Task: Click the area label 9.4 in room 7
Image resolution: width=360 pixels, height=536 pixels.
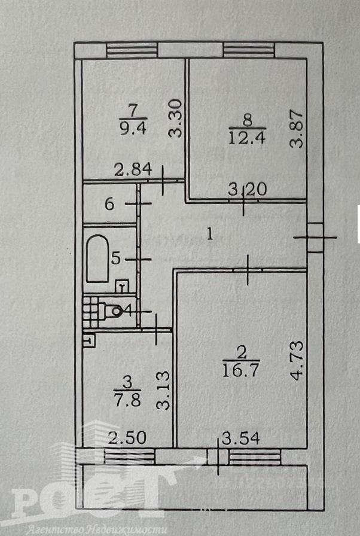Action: click(x=133, y=129)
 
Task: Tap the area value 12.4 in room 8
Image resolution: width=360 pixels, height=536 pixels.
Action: click(x=247, y=138)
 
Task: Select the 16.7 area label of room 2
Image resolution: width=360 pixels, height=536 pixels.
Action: click(x=241, y=370)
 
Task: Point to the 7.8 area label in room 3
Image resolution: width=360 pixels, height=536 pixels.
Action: click(x=128, y=400)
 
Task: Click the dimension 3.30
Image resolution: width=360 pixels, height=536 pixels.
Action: click(x=176, y=118)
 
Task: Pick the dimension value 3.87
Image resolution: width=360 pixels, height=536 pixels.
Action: click(x=296, y=129)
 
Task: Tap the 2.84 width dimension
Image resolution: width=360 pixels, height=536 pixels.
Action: click(x=133, y=169)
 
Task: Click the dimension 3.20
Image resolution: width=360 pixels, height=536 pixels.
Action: click(x=248, y=189)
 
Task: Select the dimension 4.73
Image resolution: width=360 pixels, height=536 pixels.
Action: click(x=297, y=360)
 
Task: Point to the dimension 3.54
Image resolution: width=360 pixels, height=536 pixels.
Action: click(x=241, y=438)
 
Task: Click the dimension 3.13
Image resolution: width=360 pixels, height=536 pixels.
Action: click(x=163, y=391)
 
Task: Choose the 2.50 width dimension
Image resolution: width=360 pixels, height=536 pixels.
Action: click(x=127, y=438)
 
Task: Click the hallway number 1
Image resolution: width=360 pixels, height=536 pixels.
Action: click(x=210, y=234)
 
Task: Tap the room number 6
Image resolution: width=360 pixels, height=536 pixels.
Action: click(x=109, y=204)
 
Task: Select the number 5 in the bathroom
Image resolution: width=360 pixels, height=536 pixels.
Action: click(x=116, y=258)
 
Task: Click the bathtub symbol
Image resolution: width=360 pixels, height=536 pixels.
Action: click(x=97, y=258)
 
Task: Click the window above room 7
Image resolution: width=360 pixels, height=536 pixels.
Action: click(x=132, y=50)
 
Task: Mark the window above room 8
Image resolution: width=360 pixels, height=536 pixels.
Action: click(x=249, y=50)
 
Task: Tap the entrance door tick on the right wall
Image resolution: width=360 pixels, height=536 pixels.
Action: click(x=315, y=237)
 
